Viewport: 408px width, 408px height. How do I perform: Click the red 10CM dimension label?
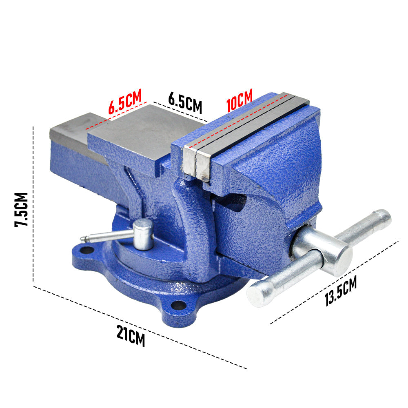(239, 100)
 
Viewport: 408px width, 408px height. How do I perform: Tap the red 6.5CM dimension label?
(125, 101)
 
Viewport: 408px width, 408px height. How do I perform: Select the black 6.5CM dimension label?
(185, 102)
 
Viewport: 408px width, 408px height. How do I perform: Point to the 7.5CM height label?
(21, 210)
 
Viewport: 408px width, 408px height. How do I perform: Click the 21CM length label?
(131, 335)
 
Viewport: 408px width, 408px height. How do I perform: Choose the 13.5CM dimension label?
(341, 291)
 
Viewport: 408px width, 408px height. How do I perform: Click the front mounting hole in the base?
(179, 305)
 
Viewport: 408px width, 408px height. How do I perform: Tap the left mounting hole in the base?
(86, 251)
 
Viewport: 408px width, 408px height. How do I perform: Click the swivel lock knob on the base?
(143, 234)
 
